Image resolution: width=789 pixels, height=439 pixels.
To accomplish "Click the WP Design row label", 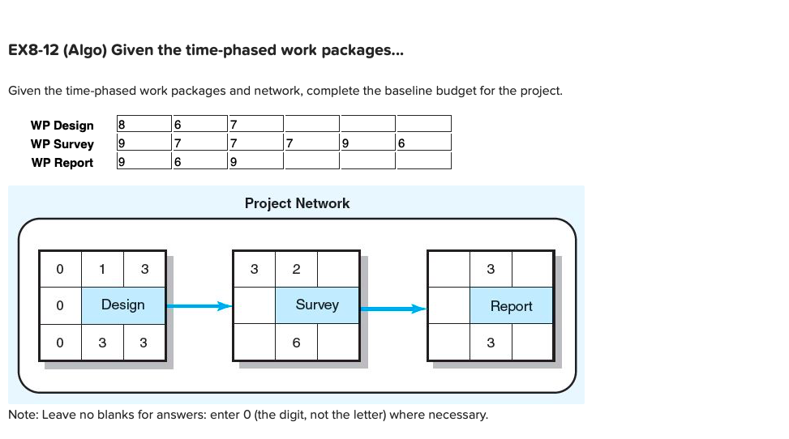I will tap(62, 126).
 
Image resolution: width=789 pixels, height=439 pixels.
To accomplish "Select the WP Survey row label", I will tap(62, 144).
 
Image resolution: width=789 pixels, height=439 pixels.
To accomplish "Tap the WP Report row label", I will tap(62, 163).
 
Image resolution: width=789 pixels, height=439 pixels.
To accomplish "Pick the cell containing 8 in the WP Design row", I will tap(144, 124).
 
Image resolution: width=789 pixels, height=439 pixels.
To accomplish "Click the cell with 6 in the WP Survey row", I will tap(422, 143).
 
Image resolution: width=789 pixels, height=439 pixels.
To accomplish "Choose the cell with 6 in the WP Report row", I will tap(199, 161).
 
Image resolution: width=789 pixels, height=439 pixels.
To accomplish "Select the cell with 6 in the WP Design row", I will tap(199, 124).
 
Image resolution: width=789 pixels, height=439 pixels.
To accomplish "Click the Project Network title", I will tap(297, 203).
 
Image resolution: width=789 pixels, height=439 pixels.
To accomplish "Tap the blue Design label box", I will tap(123, 305).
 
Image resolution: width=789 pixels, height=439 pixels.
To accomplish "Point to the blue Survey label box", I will tap(317, 305).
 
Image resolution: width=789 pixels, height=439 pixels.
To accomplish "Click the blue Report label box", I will tap(511, 306).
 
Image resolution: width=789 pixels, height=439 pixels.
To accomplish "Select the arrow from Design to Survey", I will tap(199, 306).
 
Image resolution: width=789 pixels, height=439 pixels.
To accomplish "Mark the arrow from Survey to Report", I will tap(392, 308).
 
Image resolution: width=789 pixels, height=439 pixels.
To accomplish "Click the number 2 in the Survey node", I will tap(296, 269).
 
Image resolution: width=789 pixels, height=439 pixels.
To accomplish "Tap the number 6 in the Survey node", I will tap(296, 343).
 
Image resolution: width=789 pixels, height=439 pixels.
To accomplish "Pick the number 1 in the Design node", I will tap(102, 269).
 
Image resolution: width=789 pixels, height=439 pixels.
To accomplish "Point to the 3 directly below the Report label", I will tap(491, 343).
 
